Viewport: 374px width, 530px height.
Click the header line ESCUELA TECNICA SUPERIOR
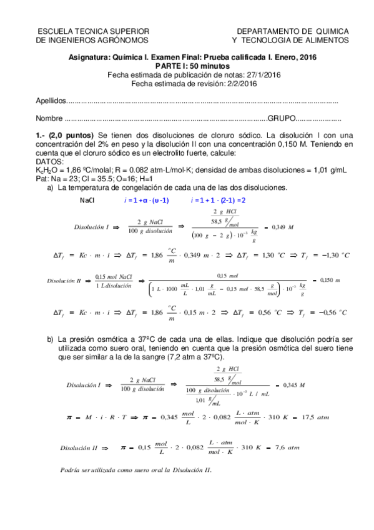[93, 31]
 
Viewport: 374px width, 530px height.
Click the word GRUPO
[280, 118]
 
